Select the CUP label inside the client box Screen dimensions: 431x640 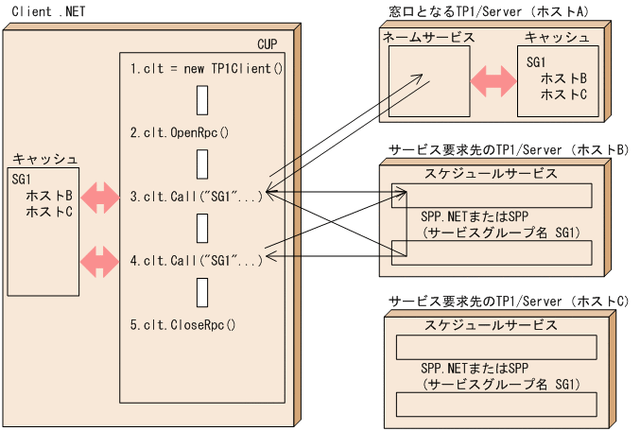pyautogui.click(x=268, y=44)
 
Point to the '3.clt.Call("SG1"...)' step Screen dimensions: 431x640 pyautogui.click(x=196, y=197)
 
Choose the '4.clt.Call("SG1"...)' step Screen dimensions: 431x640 pyautogui.click(x=196, y=260)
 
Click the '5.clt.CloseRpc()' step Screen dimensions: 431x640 pyautogui.click(x=182, y=324)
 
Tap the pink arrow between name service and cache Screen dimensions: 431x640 pyautogui.click(x=493, y=82)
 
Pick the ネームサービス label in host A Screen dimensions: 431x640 pyautogui.click(x=428, y=38)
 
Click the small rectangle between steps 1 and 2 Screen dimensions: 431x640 pyautogui.click(x=202, y=100)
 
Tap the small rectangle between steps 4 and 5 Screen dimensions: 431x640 pyautogui.click(x=202, y=292)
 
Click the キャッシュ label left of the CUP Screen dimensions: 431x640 pyautogui.click(x=43, y=159)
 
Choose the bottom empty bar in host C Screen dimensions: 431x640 pyautogui.click(x=497, y=404)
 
